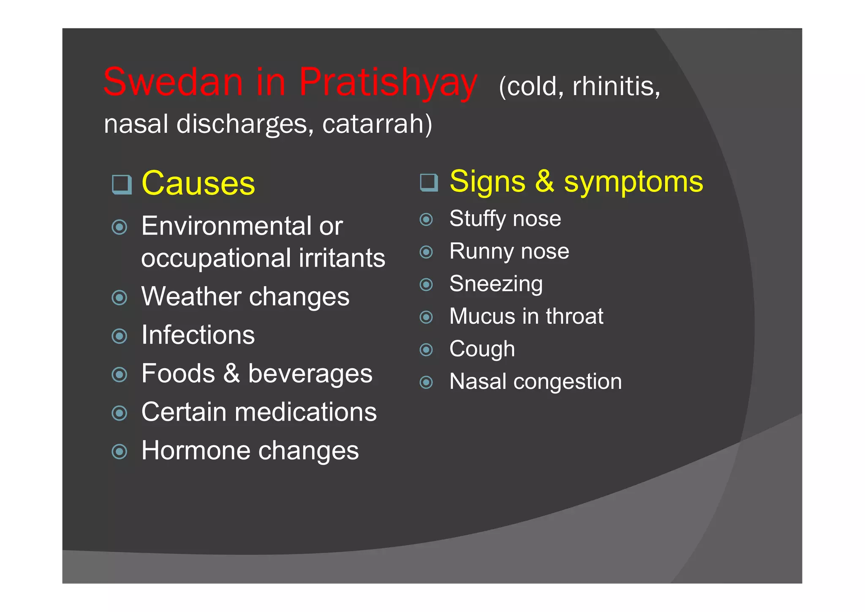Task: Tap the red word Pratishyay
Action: pos(388,82)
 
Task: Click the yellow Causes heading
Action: pos(198,183)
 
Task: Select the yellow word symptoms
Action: pos(634,182)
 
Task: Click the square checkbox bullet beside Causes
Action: pos(122,184)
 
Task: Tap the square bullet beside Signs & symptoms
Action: pos(429,182)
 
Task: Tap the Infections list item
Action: pos(198,335)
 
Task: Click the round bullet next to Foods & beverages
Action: pos(120,374)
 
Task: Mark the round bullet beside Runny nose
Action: pos(426,252)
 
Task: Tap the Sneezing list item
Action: pos(496,284)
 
